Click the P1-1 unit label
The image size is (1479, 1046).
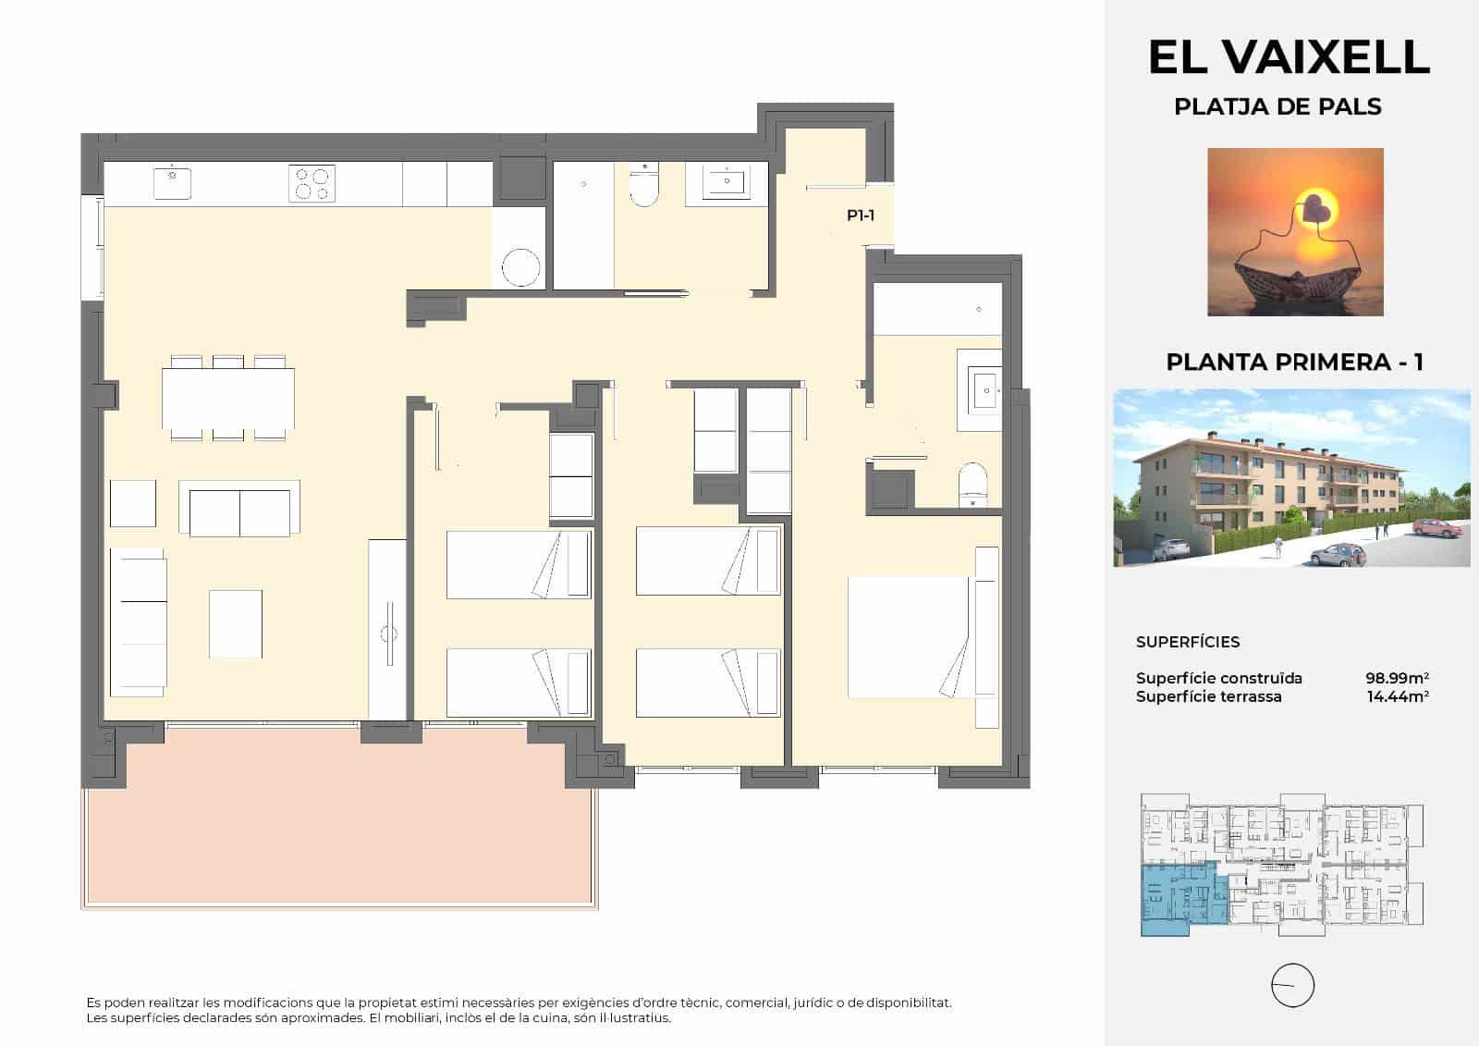[x=860, y=215]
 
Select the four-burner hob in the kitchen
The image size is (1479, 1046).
[x=311, y=182]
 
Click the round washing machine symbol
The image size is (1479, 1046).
[x=520, y=268]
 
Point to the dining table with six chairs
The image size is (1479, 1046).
[x=228, y=398]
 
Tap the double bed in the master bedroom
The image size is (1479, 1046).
[x=911, y=636]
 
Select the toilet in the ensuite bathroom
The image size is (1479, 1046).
[x=972, y=484]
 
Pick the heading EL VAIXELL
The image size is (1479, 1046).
[x=1289, y=57]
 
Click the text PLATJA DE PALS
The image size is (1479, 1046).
[x=1277, y=107]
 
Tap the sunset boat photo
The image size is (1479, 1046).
[x=1295, y=231]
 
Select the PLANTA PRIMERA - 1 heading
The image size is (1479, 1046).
[x=1294, y=362]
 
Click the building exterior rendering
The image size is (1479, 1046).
[x=1291, y=477]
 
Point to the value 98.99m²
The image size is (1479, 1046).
[x=1397, y=678]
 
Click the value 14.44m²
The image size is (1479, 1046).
[x=1397, y=696]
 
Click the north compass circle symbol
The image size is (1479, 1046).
[x=1292, y=985]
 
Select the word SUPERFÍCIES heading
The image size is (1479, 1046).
[x=1187, y=642]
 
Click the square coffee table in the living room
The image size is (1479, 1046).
[x=235, y=623]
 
